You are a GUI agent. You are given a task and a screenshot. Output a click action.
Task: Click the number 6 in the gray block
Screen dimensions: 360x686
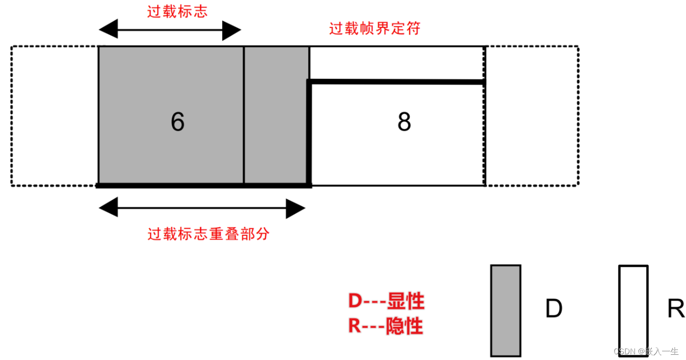coord(177,122)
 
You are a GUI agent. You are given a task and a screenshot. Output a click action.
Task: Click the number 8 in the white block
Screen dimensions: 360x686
coord(404,122)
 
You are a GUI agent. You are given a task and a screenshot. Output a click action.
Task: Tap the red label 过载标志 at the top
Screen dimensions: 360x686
coord(177,11)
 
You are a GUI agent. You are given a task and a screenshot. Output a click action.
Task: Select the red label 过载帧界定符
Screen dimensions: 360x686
coord(375,29)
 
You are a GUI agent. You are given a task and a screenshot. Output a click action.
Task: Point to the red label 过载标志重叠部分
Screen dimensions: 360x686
coord(208,234)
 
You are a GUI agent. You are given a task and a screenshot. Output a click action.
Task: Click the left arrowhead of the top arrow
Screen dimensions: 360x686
coord(108,29)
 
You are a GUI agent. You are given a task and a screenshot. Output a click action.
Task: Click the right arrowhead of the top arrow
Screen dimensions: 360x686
coord(232,31)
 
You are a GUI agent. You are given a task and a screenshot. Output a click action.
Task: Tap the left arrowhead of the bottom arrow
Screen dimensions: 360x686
coord(108,207)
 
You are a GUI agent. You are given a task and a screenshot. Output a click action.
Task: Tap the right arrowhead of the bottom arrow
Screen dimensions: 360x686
coord(295,209)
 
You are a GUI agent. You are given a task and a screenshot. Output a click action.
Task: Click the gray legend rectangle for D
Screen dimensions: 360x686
coord(506,311)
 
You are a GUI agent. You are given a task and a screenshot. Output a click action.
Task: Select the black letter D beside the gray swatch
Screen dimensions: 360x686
coord(554,309)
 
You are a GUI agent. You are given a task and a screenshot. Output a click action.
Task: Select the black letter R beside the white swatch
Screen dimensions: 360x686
coord(676,309)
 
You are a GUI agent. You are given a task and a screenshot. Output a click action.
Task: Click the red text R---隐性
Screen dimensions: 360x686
coord(385,326)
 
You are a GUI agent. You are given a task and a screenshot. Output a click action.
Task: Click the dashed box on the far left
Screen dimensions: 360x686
coord(54,116)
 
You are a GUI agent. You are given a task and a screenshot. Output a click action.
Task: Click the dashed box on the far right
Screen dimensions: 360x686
coord(531,116)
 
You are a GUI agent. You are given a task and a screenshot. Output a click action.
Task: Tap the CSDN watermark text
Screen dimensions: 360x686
coord(646,351)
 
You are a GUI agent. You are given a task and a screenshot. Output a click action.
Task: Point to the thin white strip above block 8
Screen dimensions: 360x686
coord(397,63)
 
